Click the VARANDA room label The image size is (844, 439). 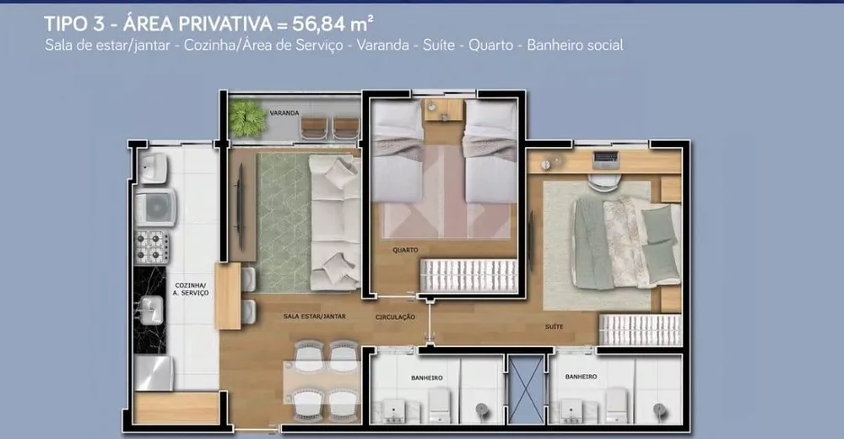[284, 112]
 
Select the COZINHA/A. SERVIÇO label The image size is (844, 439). [192, 290]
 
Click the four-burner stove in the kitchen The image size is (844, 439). [154, 247]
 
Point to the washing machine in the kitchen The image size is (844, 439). [156, 207]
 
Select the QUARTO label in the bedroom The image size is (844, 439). [405, 250]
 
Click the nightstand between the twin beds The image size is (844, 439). [444, 111]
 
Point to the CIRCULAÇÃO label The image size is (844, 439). [395, 317]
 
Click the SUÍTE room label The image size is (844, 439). [555, 326]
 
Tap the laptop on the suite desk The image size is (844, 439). [605, 158]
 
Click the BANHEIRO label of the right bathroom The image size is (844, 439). [582, 377]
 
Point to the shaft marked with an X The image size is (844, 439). [526, 388]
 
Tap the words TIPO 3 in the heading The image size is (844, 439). [75, 22]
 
